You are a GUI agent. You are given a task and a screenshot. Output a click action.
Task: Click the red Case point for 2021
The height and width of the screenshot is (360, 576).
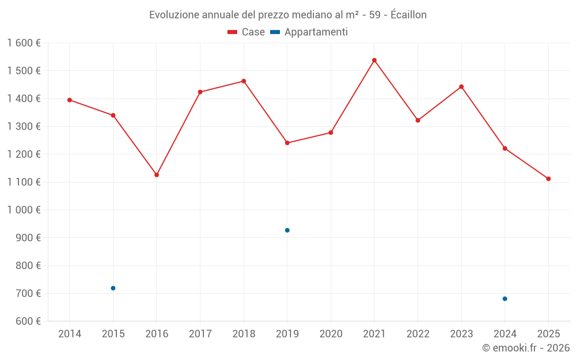point(374,60)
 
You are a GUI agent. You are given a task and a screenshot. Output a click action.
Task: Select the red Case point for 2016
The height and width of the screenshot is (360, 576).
point(157,175)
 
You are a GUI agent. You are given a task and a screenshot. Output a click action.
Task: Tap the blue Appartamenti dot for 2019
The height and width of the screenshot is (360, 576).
point(287,230)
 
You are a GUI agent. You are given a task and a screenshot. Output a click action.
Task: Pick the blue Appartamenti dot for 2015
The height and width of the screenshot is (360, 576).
point(113,288)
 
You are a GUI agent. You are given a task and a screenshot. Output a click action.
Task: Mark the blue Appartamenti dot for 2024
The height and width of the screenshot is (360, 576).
point(505,299)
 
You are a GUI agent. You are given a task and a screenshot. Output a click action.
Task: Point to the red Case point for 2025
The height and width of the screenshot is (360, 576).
point(548,179)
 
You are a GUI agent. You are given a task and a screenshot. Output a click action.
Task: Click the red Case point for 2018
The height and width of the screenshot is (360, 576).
point(244,81)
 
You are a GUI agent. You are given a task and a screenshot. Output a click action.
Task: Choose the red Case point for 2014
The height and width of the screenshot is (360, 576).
point(70,100)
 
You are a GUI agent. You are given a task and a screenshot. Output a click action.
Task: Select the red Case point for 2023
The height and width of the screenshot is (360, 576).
point(461,87)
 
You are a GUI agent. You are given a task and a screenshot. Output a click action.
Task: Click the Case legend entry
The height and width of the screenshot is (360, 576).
point(246,32)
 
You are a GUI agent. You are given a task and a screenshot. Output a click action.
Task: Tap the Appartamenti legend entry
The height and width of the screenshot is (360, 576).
point(309,32)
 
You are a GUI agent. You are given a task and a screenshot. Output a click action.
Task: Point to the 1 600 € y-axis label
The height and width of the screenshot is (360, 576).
point(24,43)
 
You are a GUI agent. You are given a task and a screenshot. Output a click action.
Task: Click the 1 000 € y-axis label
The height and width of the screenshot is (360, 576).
point(24,210)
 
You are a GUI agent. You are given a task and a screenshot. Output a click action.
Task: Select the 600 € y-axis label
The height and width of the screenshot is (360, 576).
point(27,321)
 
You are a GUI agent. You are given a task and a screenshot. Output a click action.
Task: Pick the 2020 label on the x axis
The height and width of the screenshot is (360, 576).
point(331,334)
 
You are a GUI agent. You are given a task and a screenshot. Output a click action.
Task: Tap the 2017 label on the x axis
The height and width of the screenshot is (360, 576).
point(200,334)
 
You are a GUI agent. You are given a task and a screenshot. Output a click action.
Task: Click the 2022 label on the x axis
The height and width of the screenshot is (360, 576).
point(418,334)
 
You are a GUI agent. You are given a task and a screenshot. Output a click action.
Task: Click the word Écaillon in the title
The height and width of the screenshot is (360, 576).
point(408,15)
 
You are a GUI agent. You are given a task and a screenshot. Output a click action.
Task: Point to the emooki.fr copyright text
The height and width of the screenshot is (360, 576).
point(526,348)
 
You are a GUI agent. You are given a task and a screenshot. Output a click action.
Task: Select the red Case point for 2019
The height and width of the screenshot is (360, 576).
point(287,143)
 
